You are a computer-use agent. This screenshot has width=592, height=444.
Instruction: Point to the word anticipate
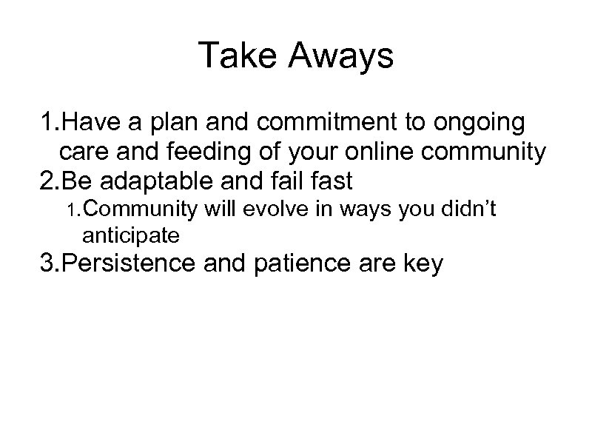click(x=131, y=236)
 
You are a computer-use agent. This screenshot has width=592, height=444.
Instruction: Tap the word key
click(x=424, y=264)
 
